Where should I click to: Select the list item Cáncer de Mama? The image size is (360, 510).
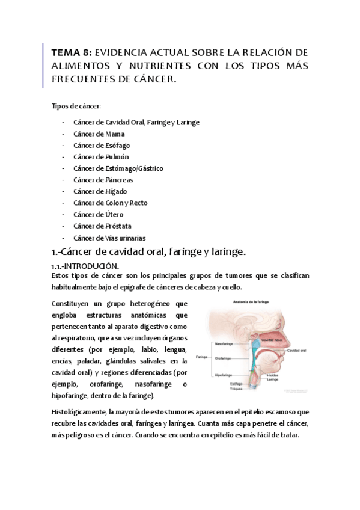point(99,134)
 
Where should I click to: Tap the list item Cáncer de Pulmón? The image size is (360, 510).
point(101,157)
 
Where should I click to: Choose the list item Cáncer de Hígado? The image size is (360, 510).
point(100,191)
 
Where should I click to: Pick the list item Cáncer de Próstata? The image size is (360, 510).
point(102,226)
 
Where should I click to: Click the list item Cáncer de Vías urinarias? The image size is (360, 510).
point(109,238)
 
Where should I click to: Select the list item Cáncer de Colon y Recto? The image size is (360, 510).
point(110,203)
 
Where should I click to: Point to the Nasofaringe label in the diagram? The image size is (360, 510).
point(224,344)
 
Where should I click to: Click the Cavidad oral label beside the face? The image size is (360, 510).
point(297,350)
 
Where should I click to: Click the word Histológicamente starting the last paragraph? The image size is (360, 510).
point(81,411)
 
